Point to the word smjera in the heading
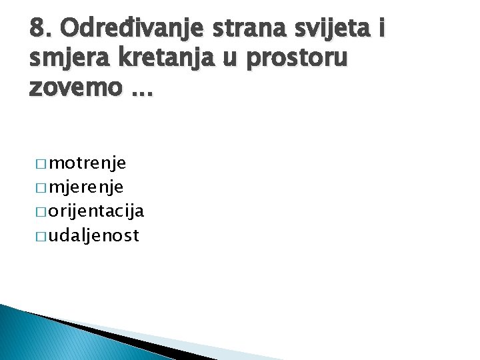(x=69, y=59)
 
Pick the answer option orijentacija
(x=97, y=211)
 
